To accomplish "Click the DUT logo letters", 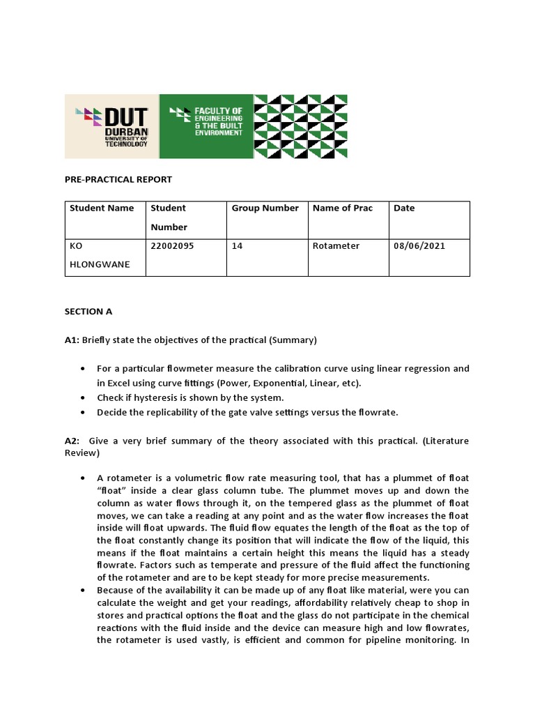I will pyautogui.click(x=125, y=116).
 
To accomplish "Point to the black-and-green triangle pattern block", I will pyautogui.click(x=300, y=126).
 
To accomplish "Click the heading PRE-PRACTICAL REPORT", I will pyautogui.click(x=118, y=179).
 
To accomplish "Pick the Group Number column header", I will pyautogui.click(x=265, y=208).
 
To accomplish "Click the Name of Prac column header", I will pyautogui.click(x=343, y=208).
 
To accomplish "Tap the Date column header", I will pyautogui.click(x=404, y=208).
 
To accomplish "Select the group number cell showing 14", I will pyautogui.click(x=237, y=246).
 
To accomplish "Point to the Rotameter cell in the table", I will pyautogui.click(x=336, y=246).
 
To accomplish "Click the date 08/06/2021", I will pyautogui.click(x=419, y=246).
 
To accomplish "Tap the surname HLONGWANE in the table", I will pyautogui.click(x=100, y=265).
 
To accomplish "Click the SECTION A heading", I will pyautogui.click(x=88, y=312).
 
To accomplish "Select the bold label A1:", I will pyautogui.click(x=72, y=340).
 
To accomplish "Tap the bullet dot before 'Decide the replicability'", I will pyautogui.click(x=84, y=412).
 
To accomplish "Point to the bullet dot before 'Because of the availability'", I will pyautogui.click(x=84, y=590).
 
